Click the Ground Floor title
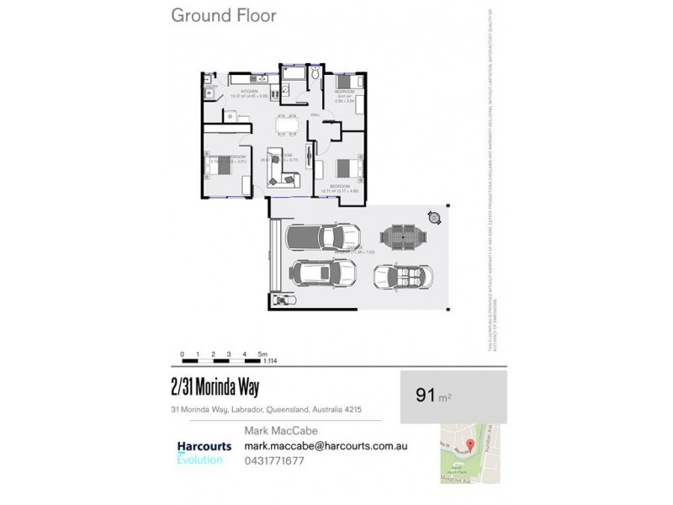tap(223, 15)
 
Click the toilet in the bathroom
tap(314, 77)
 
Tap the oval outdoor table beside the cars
tap(403, 238)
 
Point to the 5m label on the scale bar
tap(263, 354)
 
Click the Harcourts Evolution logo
tap(204, 452)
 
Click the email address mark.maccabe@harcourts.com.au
tap(326, 446)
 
